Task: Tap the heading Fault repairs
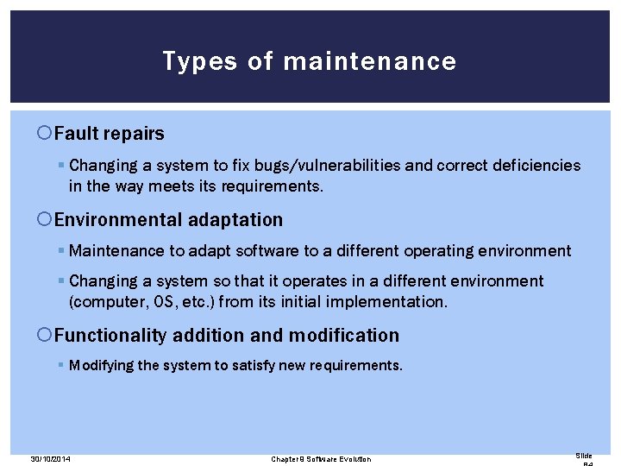pos(109,134)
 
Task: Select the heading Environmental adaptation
pos(168,220)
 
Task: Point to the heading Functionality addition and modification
pos(227,335)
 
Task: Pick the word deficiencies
pos(533,165)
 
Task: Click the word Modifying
pos(101,365)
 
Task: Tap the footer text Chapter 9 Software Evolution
pos(321,458)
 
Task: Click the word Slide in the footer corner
pos(584,456)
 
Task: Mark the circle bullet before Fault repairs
pos(46,134)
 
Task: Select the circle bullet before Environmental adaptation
pos(46,220)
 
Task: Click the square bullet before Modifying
pos(61,365)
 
